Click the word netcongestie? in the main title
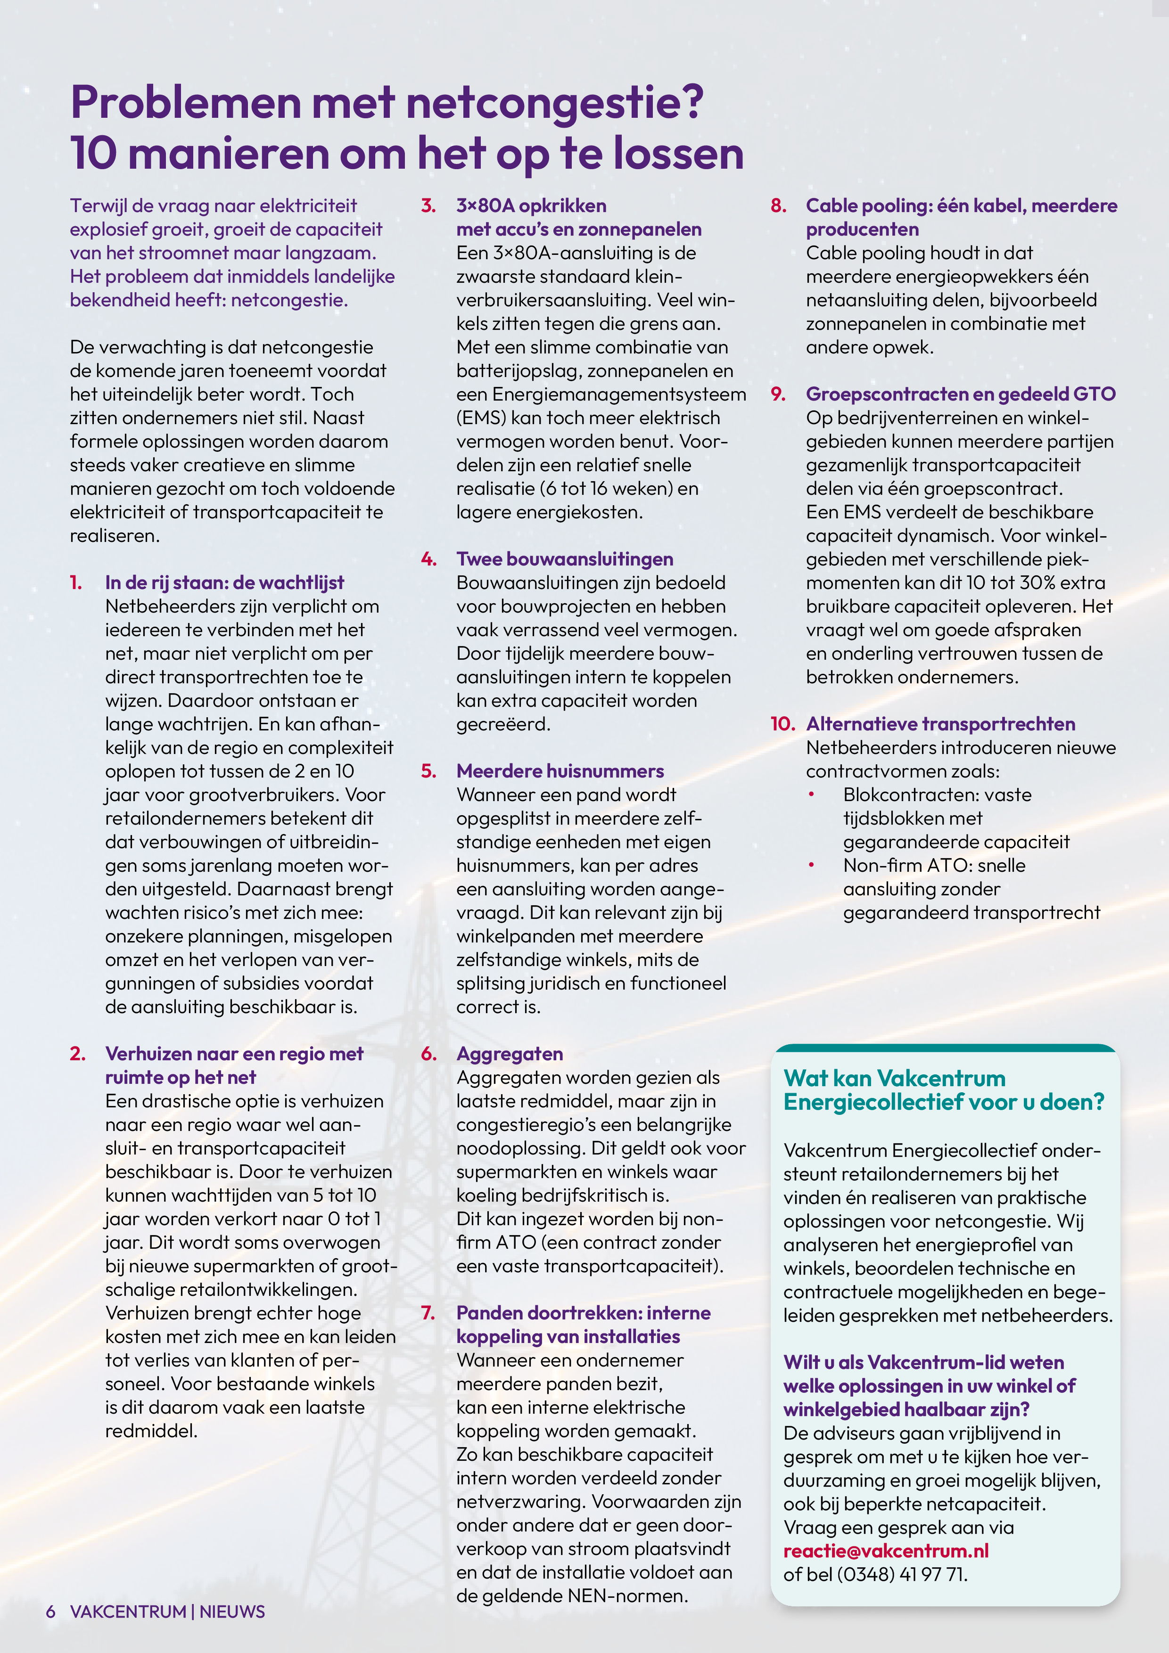pyautogui.click(x=555, y=103)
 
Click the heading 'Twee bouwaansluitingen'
pyautogui.click(x=565, y=559)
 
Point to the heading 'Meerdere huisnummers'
pyautogui.click(x=560, y=771)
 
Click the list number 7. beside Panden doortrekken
pyautogui.click(x=428, y=1312)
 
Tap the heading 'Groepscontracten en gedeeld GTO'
pyautogui.click(x=960, y=394)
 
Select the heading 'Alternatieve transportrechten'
pyautogui.click(x=940, y=724)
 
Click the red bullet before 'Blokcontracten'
pyautogui.click(x=811, y=794)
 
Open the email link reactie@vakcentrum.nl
pyautogui.click(x=885, y=1551)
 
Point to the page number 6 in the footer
pyautogui.click(x=50, y=1611)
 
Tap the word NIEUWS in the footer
pyautogui.click(x=232, y=1611)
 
